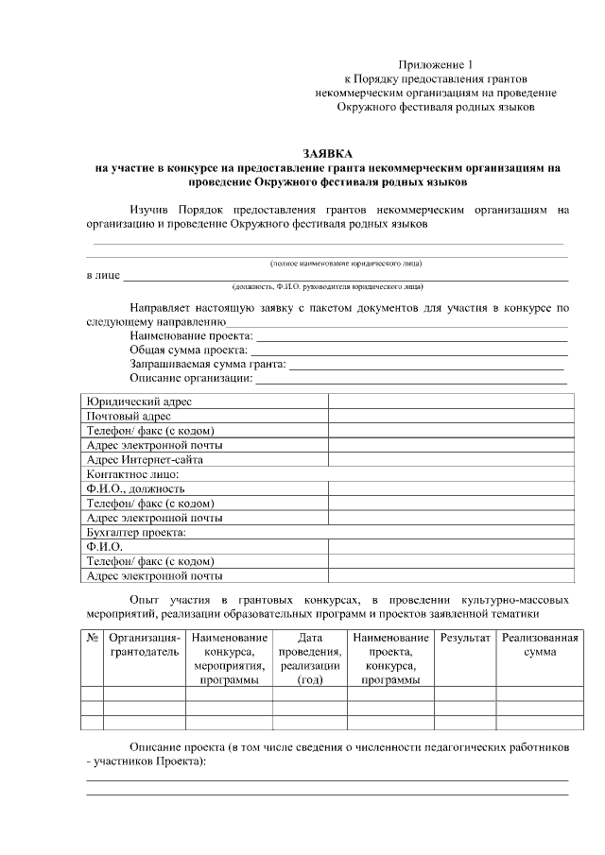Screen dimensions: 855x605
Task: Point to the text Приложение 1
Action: coord(435,63)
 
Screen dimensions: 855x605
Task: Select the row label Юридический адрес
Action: coord(139,402)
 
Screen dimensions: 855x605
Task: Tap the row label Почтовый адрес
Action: coord(129,416)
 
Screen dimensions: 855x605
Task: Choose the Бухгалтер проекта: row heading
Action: coord(136,532)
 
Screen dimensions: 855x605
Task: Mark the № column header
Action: coord(92,639)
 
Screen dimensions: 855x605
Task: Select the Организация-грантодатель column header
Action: coord(144,645)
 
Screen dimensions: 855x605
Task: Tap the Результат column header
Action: coord(465,639)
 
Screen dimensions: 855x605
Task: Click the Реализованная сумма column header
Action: coord(539,645)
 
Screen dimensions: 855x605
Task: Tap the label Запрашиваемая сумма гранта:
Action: coord(207,364)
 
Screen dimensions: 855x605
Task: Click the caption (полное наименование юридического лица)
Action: coord(346,262)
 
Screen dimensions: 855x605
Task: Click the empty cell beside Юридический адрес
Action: coord(451,402)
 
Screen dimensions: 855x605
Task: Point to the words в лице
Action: coord(103,276)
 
